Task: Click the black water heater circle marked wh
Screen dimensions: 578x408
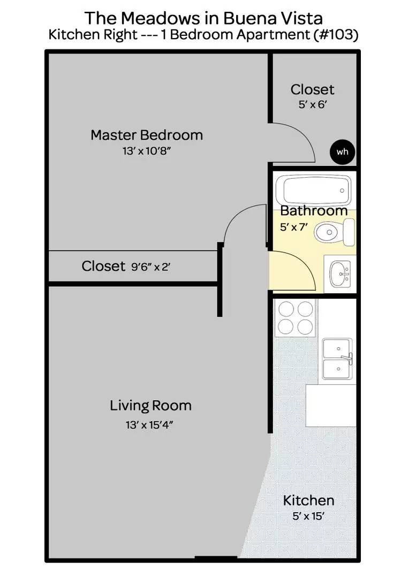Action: click(342, 151)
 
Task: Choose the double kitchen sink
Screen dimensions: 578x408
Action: click(337, 359)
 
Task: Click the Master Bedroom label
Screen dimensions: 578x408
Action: click(146, 135)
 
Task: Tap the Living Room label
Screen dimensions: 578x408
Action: click(150, 406)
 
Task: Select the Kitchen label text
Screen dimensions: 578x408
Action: click(308, 501)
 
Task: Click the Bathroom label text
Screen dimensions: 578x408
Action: click(314, 211)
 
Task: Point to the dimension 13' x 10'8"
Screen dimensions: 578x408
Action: click(146, 151)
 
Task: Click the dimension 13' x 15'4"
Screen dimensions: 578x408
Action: click(150, 425)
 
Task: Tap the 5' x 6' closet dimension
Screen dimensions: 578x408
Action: click(312, 105)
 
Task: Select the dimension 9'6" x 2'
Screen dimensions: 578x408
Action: click(150, 267)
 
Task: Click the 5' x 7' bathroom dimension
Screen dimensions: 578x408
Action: click(294, 227)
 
